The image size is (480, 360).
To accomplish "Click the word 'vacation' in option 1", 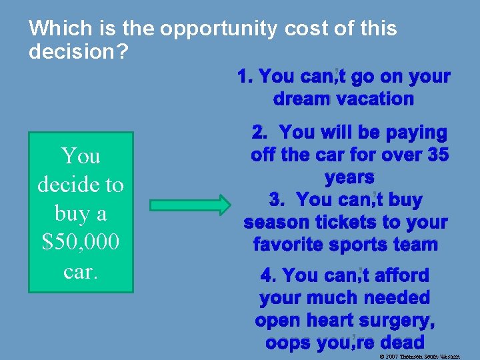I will tap(375, 99).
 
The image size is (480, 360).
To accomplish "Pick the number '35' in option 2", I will tap(436, 155).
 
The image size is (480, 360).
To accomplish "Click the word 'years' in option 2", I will tap(349, 178).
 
